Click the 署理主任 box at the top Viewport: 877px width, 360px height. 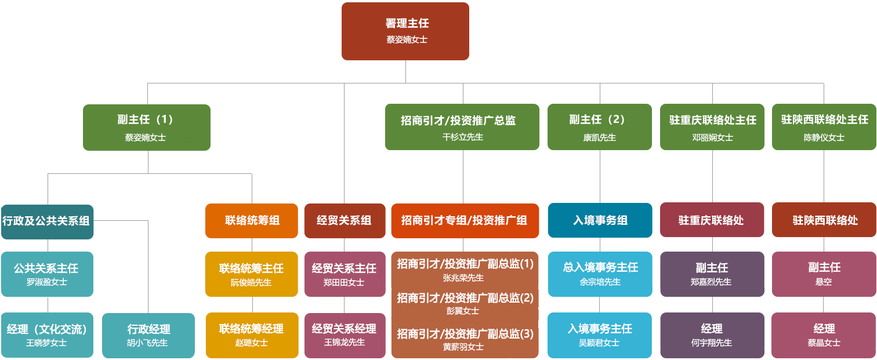405,31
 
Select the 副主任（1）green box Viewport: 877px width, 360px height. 146,127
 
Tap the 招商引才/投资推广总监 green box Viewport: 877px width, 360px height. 462,127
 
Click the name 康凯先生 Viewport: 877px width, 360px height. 599,138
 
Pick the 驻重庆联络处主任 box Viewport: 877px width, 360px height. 712,127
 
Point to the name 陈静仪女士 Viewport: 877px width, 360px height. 824,138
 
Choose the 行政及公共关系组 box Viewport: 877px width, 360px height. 47,221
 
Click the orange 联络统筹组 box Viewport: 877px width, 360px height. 251,220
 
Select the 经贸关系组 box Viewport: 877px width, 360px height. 344,220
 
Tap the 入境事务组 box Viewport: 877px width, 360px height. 600,220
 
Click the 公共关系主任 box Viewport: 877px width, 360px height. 47,273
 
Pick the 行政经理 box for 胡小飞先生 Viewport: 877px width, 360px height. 148,334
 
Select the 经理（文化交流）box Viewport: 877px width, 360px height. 47,334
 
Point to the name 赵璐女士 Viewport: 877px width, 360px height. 251,343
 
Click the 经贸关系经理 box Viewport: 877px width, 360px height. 344,334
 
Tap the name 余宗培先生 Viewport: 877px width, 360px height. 600,282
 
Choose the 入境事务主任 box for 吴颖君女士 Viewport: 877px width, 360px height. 600,334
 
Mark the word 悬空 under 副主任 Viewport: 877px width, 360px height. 824,282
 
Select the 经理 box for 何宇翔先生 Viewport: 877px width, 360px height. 711,334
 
